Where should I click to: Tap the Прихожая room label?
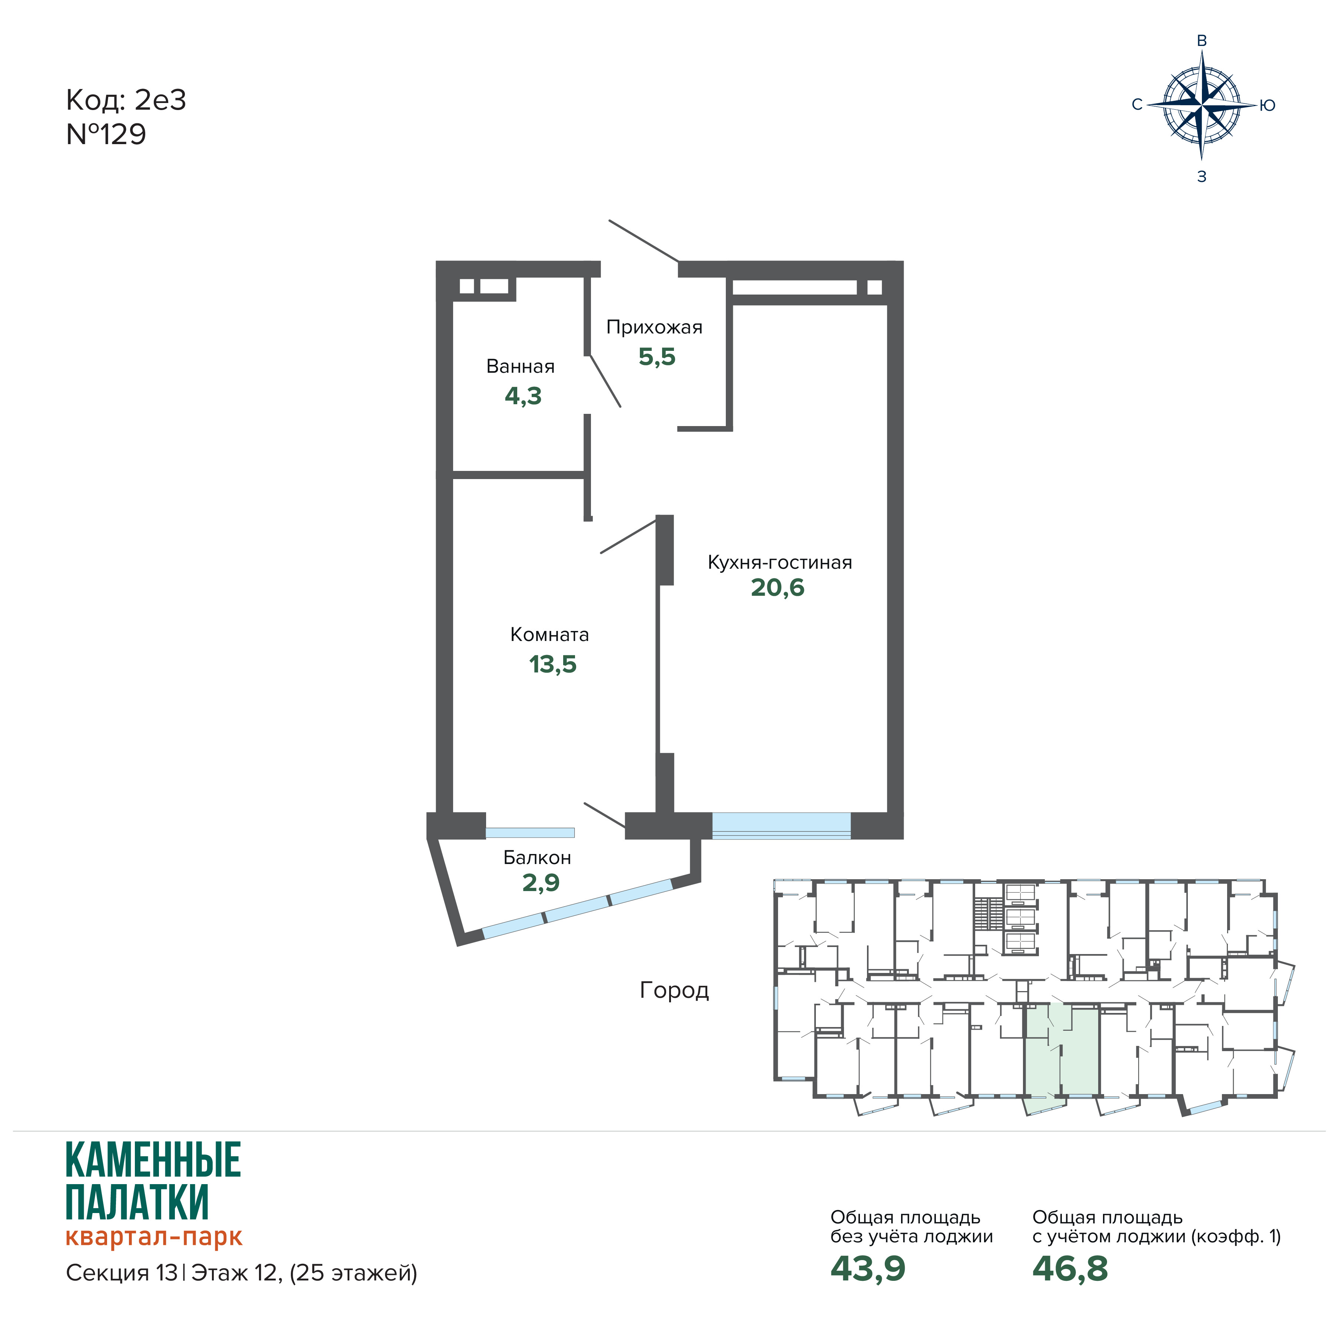(654, 327)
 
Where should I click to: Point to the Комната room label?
(549, 634)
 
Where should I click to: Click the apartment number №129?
(106, 134)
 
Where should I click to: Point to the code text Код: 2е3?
(126, 100)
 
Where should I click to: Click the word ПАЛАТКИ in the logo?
(137, 1202)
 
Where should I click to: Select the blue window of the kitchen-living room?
(781, 825)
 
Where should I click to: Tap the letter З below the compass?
(1202, 177)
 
